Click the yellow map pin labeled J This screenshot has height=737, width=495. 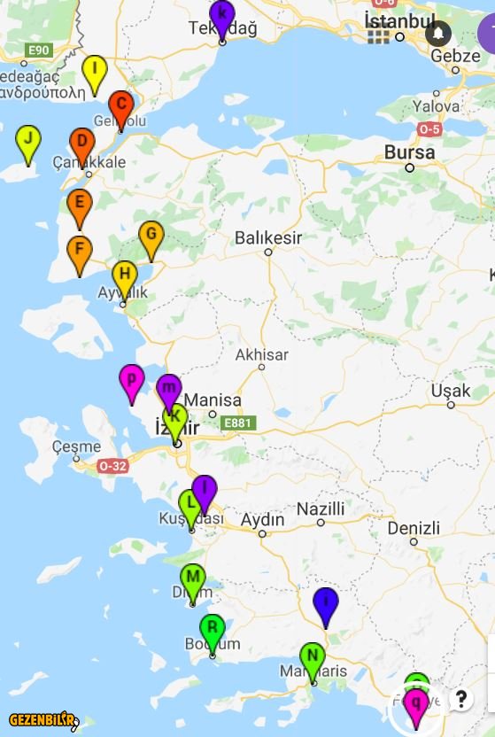click(x=28, y=141)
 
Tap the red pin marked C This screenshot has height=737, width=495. click(x=121, y=106)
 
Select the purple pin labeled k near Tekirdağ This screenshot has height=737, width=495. click(x=222, y=15)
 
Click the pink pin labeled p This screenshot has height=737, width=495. click(x=132, y=380)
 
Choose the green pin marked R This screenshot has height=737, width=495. click(x=212, y=630)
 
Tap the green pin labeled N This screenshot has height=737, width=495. click(x=312, y=658)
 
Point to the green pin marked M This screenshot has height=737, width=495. click(x=193, y=578)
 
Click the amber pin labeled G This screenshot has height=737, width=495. click(x=151, y=237)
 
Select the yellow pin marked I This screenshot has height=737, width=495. click(x=94, y=71)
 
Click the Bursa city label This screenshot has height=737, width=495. click(x=409, y=152)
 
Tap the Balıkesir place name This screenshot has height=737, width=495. click(x=268, y=237)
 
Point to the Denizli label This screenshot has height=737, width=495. click(x=413, y=528)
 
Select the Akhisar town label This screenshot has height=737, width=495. click(x=261, y=354)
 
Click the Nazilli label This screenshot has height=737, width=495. click(x=320, y=508)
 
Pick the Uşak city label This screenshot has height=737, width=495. click(x=451, y=391)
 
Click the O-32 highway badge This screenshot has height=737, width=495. click(x=112, y=465)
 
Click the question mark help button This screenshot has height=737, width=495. click(x=460, y=699)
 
